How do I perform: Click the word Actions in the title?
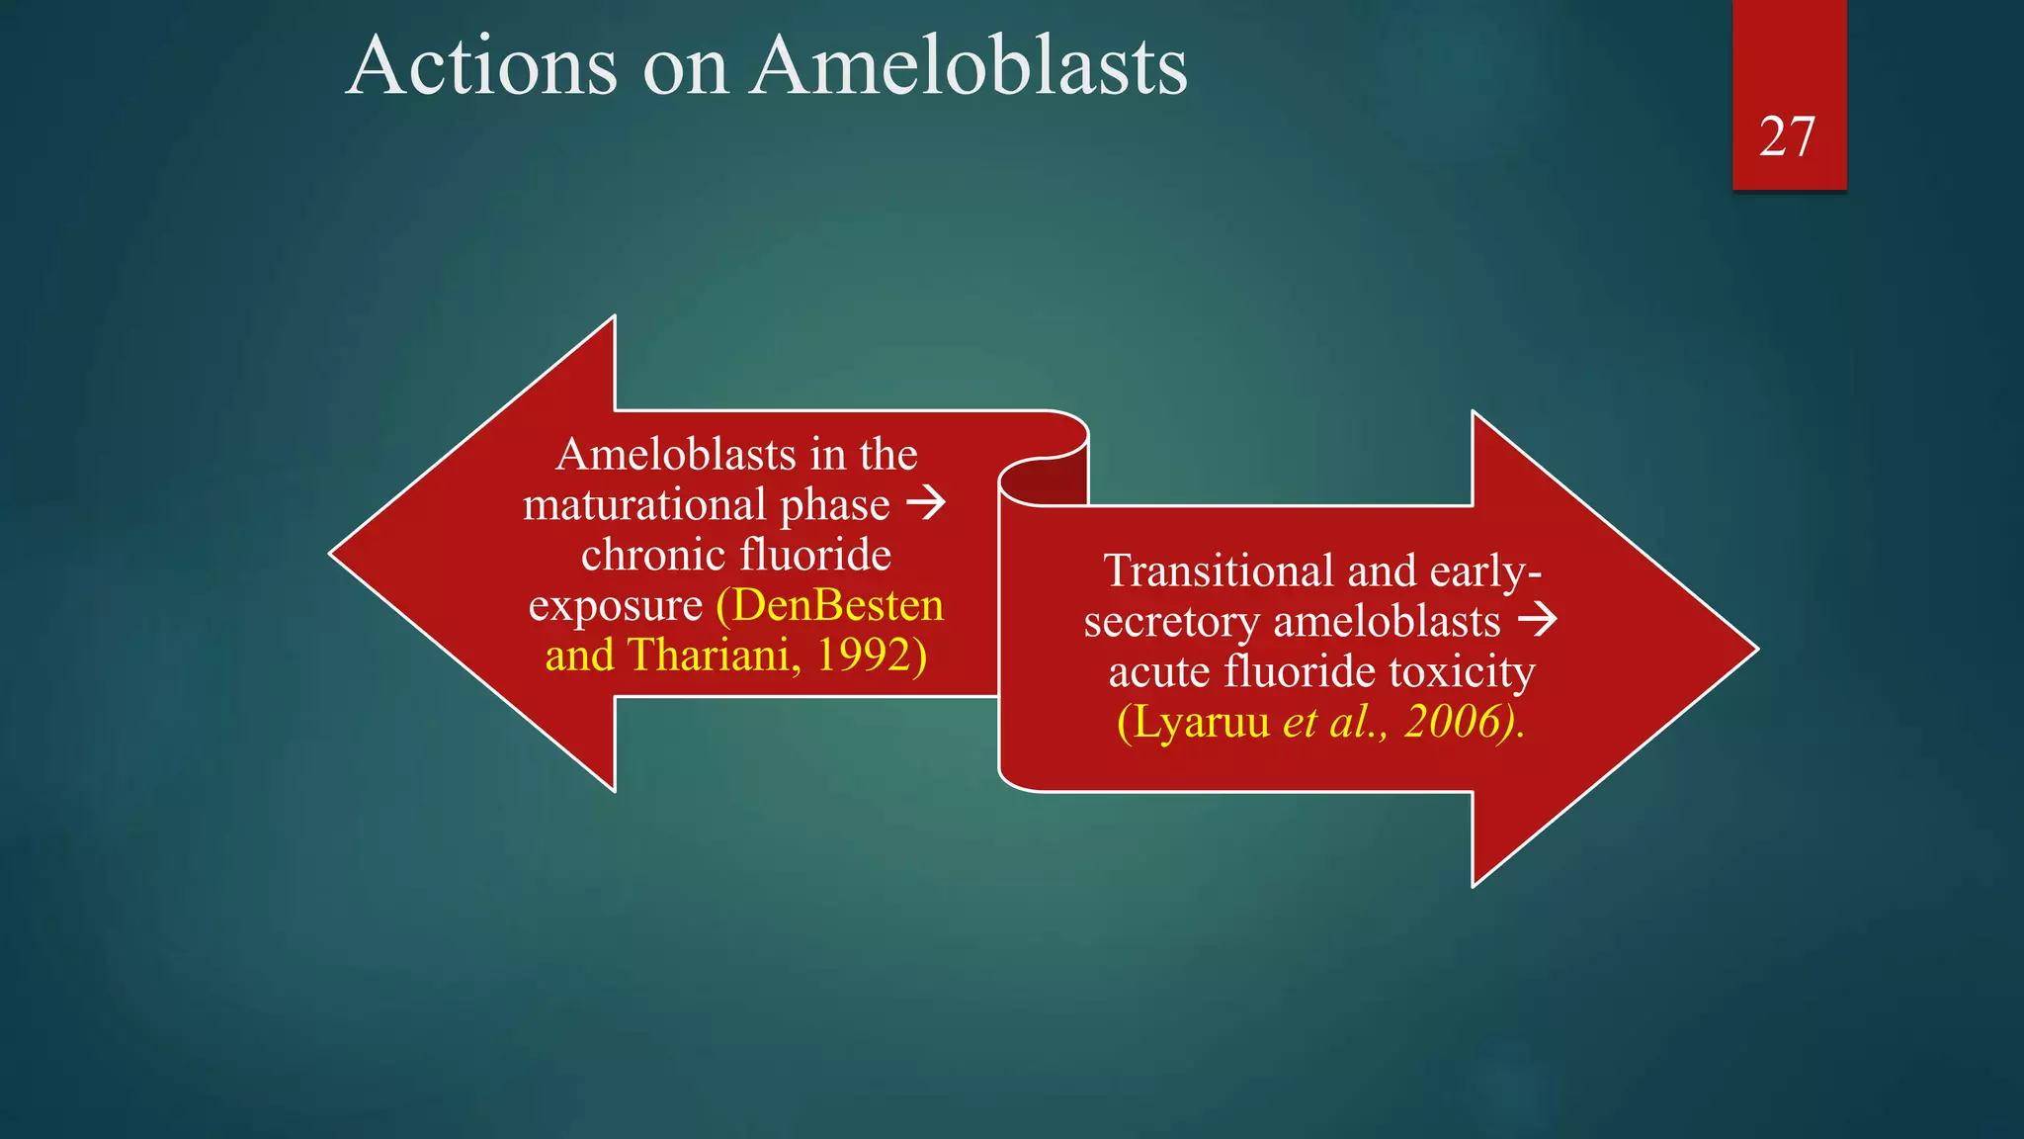482,66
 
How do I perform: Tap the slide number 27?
1787,136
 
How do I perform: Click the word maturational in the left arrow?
643,505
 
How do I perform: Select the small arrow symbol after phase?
926,503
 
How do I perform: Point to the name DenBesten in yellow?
838,605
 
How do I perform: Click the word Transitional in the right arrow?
1219,571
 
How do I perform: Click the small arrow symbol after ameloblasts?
1538,620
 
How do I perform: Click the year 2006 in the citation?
1452,722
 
